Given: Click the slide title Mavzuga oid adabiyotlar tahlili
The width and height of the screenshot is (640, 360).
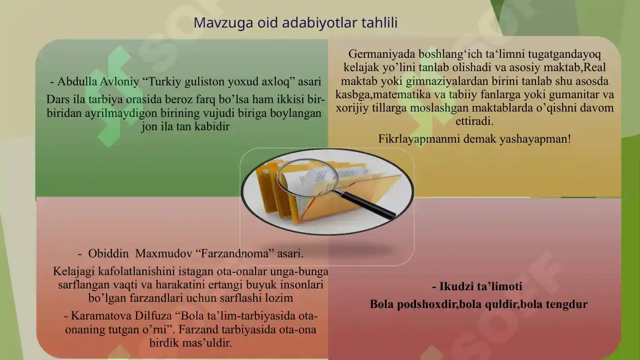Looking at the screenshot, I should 295,23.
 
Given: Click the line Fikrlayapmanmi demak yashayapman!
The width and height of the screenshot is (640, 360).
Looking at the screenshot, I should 474,139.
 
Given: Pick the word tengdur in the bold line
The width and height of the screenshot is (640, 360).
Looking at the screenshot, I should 568,304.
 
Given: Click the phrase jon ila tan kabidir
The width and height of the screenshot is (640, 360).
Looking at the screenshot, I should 185,127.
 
